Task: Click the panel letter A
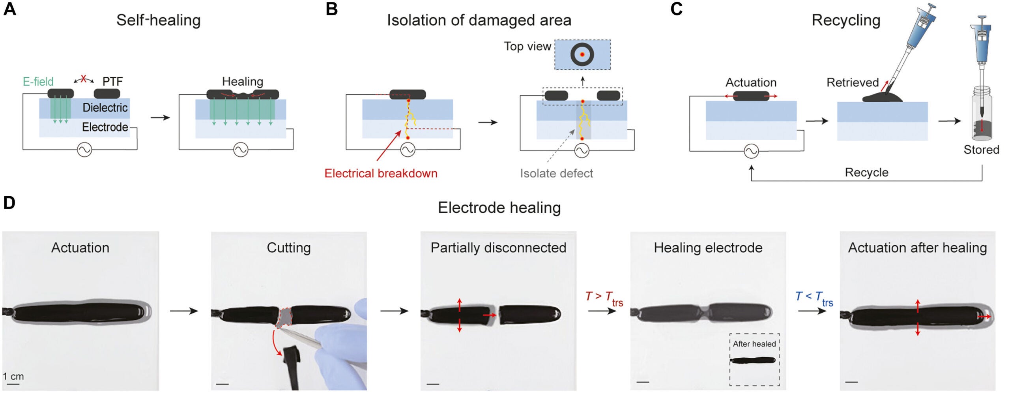pos(9,9)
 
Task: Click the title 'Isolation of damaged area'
pos(479,20)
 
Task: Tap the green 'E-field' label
pos(38,82)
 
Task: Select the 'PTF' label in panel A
pos(112,82)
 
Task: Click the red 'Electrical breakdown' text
pos(381,173)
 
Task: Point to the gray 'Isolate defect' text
pos(556,173)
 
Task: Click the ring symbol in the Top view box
pos(582,54)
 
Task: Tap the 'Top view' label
pos(527,46)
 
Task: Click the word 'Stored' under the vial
pos(981,150)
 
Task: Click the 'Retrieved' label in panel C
pos(853,83)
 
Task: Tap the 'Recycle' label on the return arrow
pos(866,173)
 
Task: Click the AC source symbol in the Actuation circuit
pos(751,151)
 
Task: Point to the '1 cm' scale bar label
pos(13,376)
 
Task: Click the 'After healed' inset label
pos(754,344)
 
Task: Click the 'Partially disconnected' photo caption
pos(498,248)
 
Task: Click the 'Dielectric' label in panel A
pos(105,107)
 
